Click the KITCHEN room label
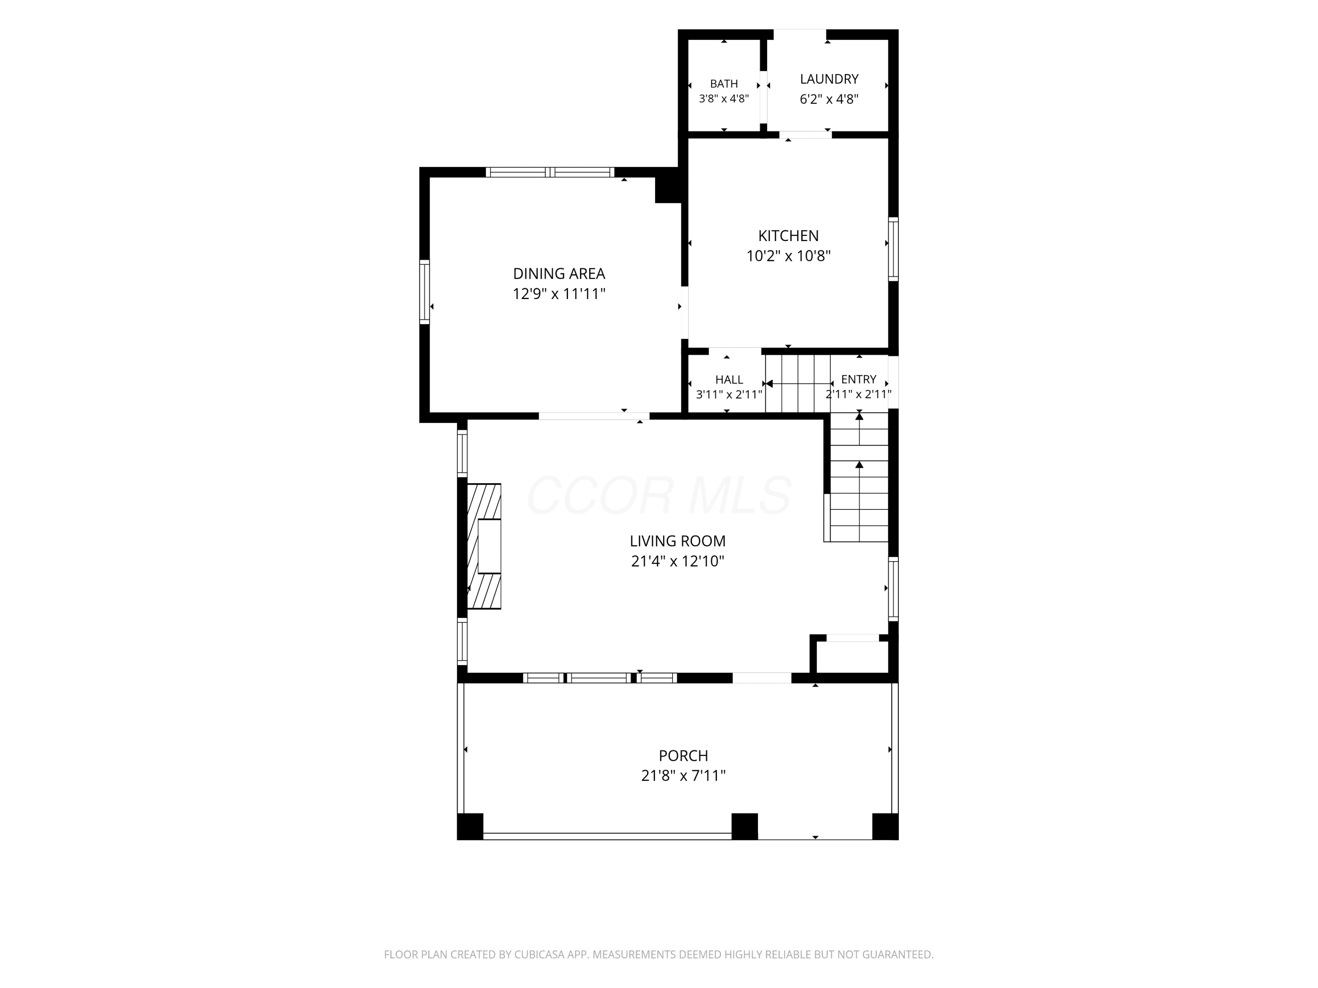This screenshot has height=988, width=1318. (x=788, y=236)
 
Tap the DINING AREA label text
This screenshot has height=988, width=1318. (x=559, y=274)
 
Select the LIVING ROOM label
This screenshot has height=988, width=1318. (x=677, y=541)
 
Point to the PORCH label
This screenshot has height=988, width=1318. (x=684, y=756)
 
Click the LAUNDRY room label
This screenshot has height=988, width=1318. (x=829, y=79)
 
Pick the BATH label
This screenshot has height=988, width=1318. (x=724, y=84)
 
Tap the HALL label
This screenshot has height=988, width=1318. (x=729, y=380)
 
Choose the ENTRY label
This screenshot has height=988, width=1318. (x=858, y=379)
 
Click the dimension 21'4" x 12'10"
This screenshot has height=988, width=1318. (x=677, y=562)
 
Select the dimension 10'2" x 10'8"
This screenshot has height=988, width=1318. (x=788, y=256)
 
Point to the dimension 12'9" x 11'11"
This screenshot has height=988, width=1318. (x=559, y=294)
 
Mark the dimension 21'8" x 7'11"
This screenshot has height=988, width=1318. (x=684, y=776)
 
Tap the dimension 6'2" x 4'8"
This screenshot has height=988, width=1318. (x=829, y=99)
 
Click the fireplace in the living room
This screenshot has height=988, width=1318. (x=484, y=546)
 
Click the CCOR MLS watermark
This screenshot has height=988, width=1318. (x=659, y=495)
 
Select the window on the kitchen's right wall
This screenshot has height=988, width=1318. (x=893, y=249)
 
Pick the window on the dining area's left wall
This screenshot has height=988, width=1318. (x=424, y=292)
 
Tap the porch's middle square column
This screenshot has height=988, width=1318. (x=744, y=826)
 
